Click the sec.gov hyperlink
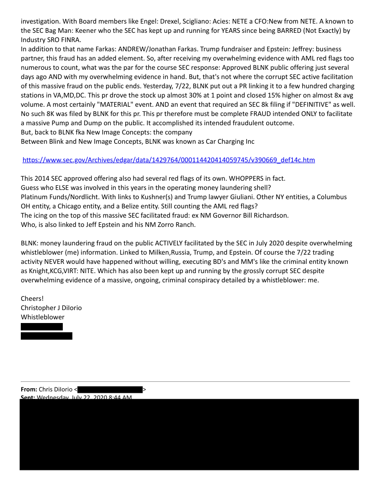tap(169, 160)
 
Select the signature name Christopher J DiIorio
tap(51, 308)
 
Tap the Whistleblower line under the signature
tap(43, 317)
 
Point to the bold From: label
tap(29, 390)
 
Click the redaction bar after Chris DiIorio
tap(110, 390)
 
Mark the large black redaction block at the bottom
tap(189, 434)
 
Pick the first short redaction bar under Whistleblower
tap(42, 327)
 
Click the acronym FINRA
tap(70, 40)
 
